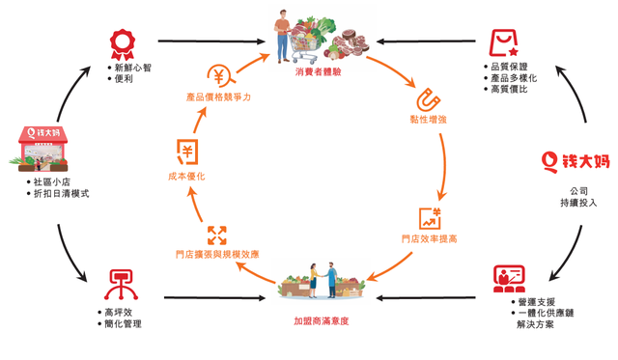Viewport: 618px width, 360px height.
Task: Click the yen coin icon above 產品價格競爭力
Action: (x=219, y=75)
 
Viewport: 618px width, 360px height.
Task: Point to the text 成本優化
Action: (x=186, y=177)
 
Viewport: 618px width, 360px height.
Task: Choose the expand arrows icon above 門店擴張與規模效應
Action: (x=216, y=235)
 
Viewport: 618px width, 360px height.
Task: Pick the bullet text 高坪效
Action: (x=125, y=312)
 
